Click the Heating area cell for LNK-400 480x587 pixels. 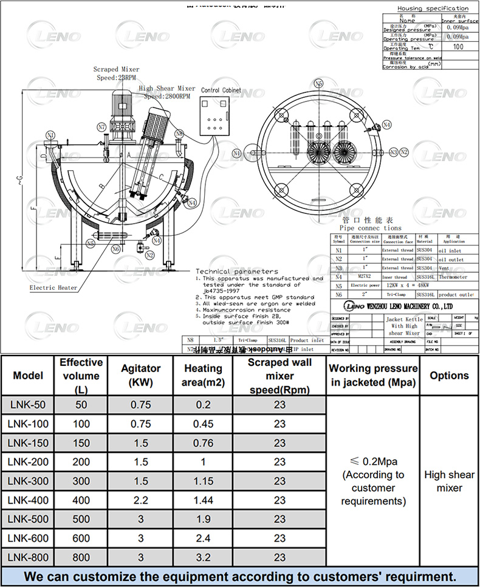tap(203, 500)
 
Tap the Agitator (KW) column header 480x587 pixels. tap(141, 375)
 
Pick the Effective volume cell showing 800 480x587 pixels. tap(81, 557)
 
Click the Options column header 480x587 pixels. tap(449, 376)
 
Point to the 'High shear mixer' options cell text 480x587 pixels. tap(449, 481)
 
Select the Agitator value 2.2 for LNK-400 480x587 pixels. tap(141, 500)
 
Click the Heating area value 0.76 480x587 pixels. tap(203, 443)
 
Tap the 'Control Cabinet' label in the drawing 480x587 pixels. tap(221, 90)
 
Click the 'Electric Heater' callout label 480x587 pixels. tap(53, 287)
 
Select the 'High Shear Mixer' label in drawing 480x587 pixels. tap(167, 89)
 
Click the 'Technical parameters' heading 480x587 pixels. tap(237, 271)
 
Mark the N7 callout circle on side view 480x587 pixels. tap(101, 127)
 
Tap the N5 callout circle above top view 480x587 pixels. tap(318, 83)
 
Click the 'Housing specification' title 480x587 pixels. tap(433, 9)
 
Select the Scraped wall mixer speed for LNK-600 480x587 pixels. tap(279, 538)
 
